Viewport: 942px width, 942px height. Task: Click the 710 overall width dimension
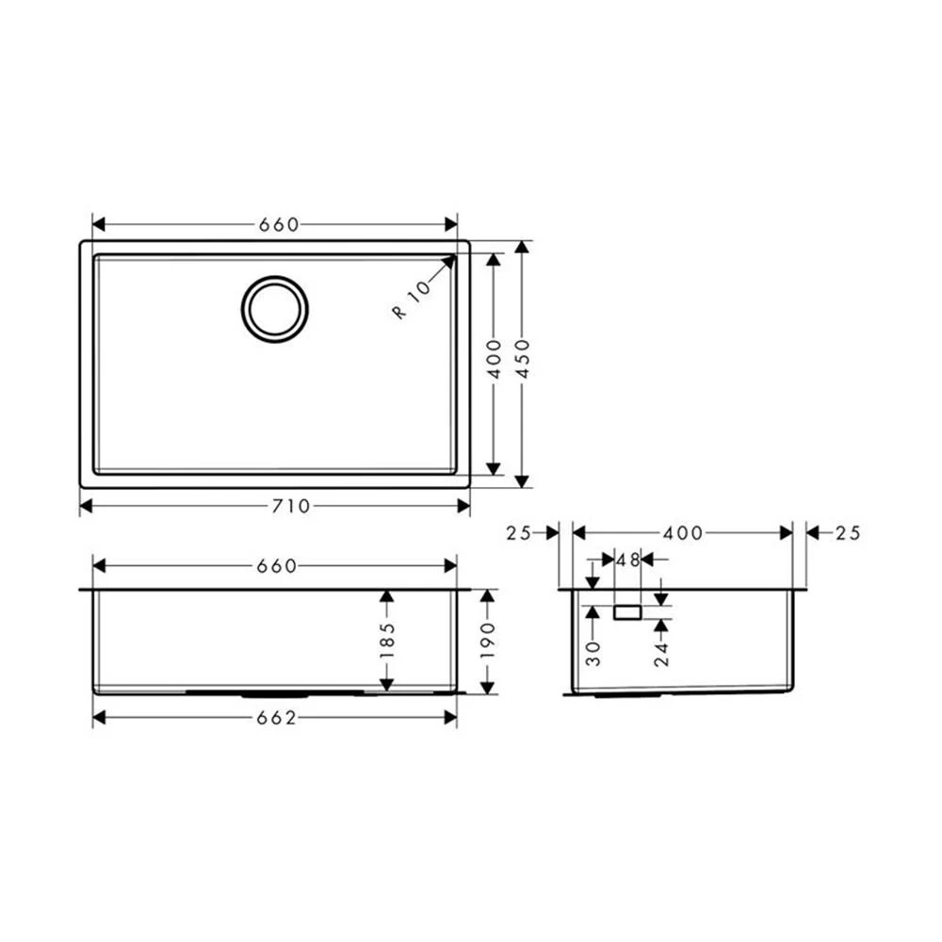coord(291,507)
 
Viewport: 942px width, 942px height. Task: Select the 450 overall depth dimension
coord(523,359)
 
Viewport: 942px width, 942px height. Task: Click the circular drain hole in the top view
coord(274,309)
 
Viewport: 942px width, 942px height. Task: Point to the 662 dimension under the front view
coord(276,718)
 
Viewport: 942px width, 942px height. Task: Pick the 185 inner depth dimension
coord(387,641)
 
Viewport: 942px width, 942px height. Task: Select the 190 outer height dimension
coord(488,641)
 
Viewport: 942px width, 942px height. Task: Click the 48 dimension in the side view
coord(627,560)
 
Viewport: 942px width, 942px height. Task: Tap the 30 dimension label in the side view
coord(593,654)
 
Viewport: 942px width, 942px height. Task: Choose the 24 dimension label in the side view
coord(661,654)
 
